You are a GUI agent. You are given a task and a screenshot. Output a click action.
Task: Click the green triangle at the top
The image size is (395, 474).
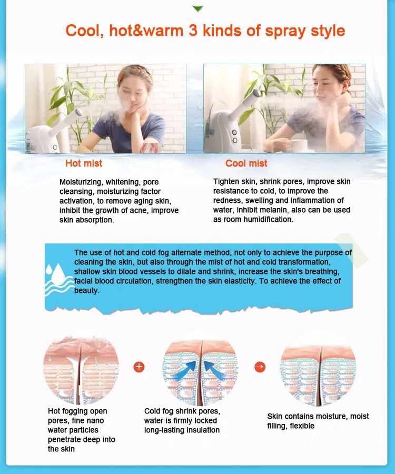pyautogui.click(x=197, y=8)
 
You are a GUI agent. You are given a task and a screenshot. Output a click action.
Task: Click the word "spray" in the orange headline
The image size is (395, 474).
pyautogui.click(x=285, y=31)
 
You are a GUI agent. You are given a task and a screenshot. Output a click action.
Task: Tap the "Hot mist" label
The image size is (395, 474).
pyautogui.click(x=84, y=164)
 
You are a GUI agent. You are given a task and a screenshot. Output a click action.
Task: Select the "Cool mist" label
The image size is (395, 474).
pyautogui.click(x=246, y=164)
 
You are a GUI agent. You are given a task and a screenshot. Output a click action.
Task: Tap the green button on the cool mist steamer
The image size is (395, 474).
pyautogui.click(x=234, y=140)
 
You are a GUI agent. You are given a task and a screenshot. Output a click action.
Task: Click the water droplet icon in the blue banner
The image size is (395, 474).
pyautogui.click(x=58, y=274)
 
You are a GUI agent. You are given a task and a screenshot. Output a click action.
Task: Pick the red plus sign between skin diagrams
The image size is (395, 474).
pyautogui.click(x=139, y=367)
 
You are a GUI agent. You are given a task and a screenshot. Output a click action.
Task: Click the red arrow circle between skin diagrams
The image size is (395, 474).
pyautogui.click(x=260, y=367)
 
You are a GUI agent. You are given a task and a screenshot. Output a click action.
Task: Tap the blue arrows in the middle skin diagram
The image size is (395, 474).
pyautogui.click(x=200, y=371)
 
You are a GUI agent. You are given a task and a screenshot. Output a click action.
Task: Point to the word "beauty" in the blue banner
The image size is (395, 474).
pyautogui.click(x=86, y=291)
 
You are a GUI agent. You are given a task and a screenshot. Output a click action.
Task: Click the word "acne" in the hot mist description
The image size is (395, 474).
pyautogui.click(x=139, y=211)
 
